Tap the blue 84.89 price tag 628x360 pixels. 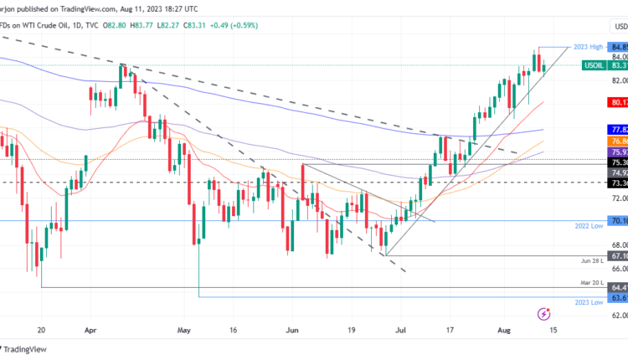[x=619, y=47]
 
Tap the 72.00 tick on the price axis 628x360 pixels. [x=619, y=198]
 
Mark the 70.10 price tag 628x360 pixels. [x=619, y=221]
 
